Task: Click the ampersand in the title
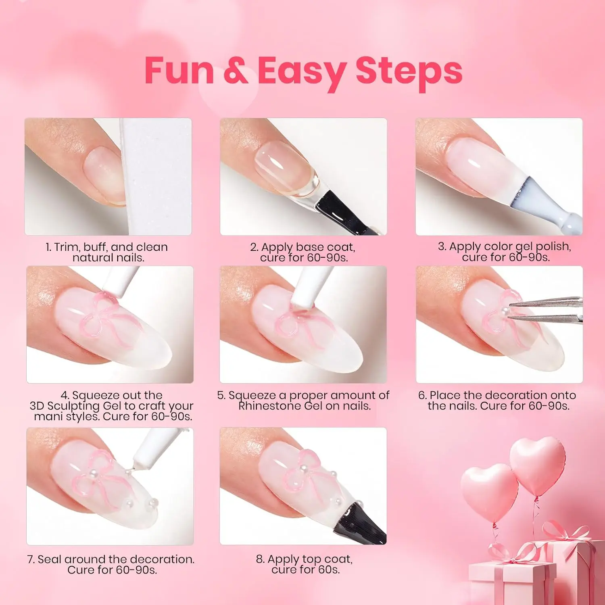click(x=236, y=70)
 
